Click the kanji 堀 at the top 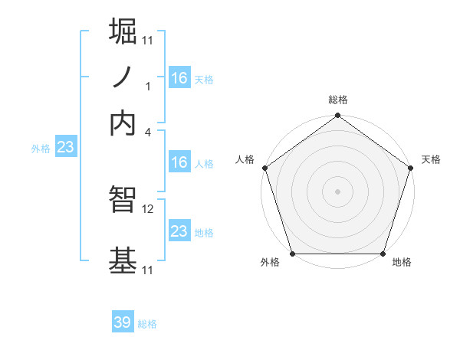tap(123, 33)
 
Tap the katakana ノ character tap(123, 78)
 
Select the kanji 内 tap(123, 123)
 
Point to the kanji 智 tap(123, 200)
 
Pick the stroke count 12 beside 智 tap(149, 208)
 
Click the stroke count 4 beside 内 tap(149, 132)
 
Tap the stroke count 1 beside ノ tap(149, 87)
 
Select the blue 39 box tap(123, 322)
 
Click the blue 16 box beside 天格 tap(179, 78)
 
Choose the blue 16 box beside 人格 tap(179, 162)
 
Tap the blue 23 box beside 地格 tap(179, 231)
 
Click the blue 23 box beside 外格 tap(65, 148)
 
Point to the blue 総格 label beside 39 tap(147, 324)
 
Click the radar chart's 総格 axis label tap(337, 100)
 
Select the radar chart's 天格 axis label tap(431, 159)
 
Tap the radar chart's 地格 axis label tap(402, 263)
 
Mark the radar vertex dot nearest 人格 tap(265, 168)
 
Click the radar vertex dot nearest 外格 tap(293, 254)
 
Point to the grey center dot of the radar tap(337, 191)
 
